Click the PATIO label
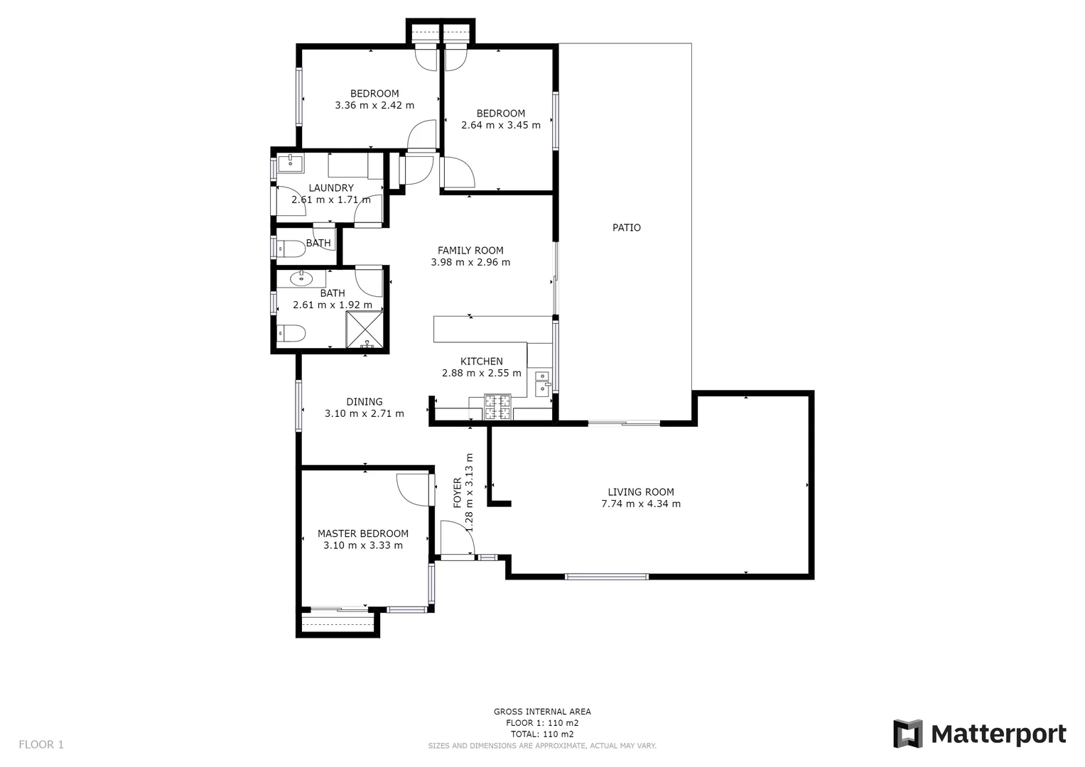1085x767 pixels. [x=626, y=228]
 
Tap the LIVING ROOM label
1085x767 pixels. [x=640, y=492]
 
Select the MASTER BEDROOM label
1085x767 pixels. [x=362, y=534]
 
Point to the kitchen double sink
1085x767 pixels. [x=542, y=382]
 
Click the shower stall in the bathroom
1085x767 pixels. [x=365, y=331]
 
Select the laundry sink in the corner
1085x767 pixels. [x=290, y=163]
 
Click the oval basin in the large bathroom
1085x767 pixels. [x=302, y=278]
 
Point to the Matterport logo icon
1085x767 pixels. [x=907, y=734]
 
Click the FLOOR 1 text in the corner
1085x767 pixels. [x=41, y=744]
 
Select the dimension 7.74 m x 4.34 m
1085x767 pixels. [x=640, y=504]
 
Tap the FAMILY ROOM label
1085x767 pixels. [x=470, y=251]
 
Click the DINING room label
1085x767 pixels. [x=364, y=402]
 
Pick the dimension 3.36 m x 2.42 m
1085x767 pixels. [x=374, y=105]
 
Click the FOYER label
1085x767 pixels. [x=458, y=492]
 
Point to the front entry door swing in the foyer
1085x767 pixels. [x=456, y=538]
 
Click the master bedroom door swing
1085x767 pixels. [x=414, y=489]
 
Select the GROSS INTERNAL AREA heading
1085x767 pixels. [x=541, y=712]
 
